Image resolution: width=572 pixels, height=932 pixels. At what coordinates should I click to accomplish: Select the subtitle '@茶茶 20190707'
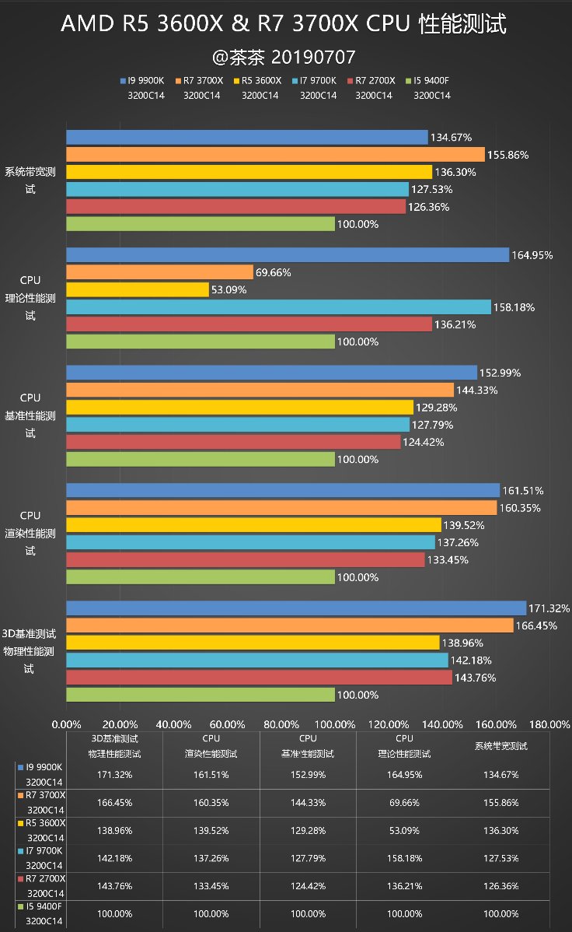pos(285,58)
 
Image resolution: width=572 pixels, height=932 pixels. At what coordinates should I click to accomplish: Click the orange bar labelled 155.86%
pos(275,155)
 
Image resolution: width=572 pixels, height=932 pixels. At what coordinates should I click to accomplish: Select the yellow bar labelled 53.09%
pos(138,289)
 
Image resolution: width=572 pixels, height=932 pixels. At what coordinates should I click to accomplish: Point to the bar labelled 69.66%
pos(159,272)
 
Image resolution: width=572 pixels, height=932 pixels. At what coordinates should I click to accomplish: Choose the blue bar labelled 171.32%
pos(295,608)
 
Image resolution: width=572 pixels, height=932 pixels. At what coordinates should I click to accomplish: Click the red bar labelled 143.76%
pos(259,678)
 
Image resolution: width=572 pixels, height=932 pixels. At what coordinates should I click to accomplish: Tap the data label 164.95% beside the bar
pos(532,255)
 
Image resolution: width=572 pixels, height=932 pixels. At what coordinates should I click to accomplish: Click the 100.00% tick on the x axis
pos(335,724)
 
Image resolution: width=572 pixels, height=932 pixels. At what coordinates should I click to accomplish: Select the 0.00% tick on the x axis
pos(66,724)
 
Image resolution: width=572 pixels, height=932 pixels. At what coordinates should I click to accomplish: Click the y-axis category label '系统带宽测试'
pos(30,180)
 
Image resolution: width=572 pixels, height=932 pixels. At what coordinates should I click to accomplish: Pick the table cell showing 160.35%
pos(211,802)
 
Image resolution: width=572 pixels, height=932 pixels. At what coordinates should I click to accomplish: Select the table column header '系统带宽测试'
pos(500,746)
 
